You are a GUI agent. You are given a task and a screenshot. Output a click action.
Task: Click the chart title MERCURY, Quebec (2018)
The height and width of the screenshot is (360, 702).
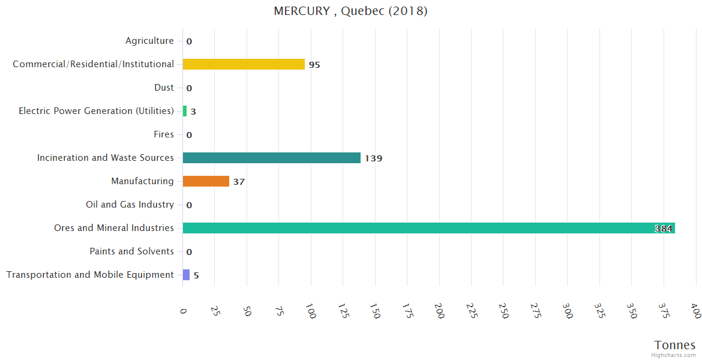(350, 11)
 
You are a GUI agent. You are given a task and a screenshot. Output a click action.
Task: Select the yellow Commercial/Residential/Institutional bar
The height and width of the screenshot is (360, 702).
(244, 64)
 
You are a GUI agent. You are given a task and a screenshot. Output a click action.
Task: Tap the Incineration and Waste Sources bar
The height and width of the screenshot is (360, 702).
(271, 158)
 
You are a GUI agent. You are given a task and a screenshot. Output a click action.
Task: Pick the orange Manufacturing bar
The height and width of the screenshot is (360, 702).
(206, 181)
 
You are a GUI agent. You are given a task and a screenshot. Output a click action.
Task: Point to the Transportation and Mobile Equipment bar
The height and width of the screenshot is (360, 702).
(186, 275)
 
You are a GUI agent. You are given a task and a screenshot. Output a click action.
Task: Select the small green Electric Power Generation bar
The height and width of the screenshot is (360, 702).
(185, 111)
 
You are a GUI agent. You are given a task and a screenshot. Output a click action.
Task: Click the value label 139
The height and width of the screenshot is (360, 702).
(373, 158)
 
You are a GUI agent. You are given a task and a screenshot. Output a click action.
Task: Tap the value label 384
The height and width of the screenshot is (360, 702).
(663, 229)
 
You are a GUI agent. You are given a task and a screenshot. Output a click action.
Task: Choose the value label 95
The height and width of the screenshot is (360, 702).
(314, 65)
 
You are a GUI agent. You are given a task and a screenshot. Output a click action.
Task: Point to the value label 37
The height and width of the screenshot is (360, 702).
(239, 182)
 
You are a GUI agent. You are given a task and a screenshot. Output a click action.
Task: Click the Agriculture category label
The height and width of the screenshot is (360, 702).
(149, 41)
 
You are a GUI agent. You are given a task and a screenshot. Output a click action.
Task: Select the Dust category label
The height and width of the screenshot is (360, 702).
(164, 88)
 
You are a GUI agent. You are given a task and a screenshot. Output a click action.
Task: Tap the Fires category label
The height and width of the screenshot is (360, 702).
(163, 134)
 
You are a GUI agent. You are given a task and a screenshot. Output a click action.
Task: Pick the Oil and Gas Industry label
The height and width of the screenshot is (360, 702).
(130, 205)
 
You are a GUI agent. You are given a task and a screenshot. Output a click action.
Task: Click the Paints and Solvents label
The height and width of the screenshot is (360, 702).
(131, 251)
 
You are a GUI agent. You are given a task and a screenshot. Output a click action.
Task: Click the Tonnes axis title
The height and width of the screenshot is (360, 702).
(675, 345)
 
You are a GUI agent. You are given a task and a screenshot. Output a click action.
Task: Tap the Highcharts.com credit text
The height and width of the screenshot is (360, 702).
(674, 355)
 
